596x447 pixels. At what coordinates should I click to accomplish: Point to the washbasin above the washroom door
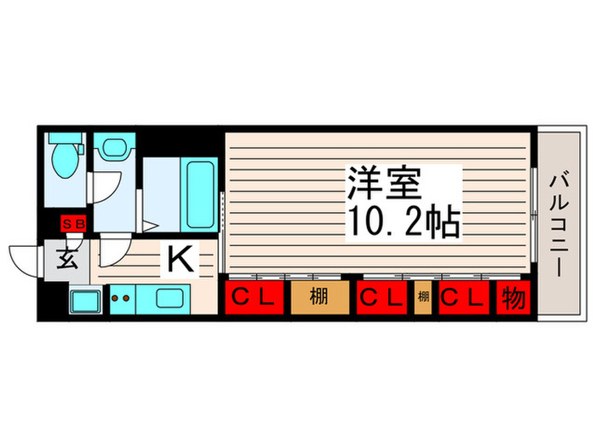click(111, 147)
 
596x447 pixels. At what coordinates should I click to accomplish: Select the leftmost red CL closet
click(253, 298)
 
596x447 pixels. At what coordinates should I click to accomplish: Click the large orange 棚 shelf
click(319, 298)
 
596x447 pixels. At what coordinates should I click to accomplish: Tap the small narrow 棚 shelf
click(422, 298)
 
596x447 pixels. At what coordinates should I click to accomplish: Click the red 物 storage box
click(513, 298)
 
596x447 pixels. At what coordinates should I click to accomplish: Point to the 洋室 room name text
click(383, 183)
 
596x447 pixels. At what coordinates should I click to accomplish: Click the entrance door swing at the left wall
click(24, 258)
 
